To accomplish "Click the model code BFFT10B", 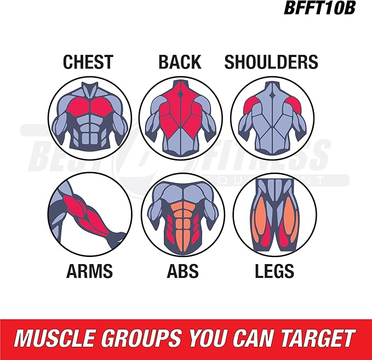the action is point(319,8).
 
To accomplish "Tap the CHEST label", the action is point(88,62).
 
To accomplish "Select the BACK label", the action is point(180,62).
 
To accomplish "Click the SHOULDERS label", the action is point(271,62).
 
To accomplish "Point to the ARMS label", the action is point(89,271).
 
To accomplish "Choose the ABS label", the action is point(182,271).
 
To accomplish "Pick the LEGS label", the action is point(274,271).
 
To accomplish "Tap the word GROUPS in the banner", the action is point(142,338).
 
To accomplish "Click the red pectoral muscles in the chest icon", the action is point(90,107).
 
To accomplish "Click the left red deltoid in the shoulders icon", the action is point(251,105).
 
